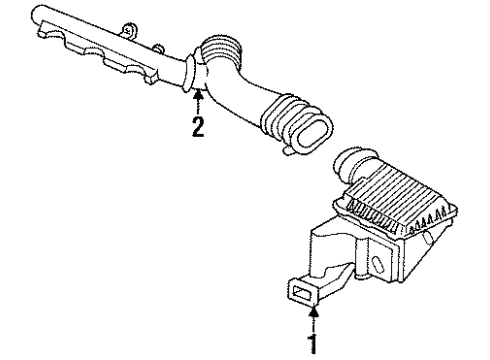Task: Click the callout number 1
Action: click(316, 346)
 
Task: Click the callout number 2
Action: click(198, 126)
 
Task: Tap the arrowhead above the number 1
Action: click(316, 319)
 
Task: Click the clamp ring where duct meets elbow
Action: click(193, 73)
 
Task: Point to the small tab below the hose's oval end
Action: click(288, 151)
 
